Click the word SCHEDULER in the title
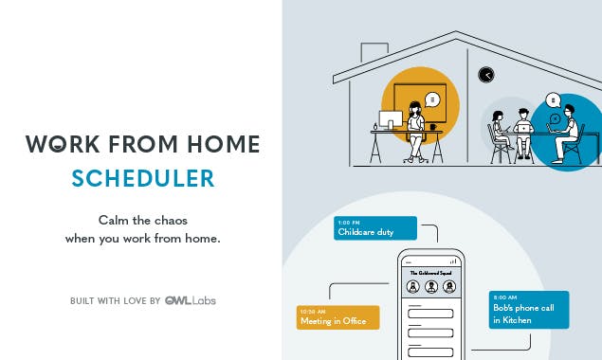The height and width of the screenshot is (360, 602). (x=143, y=178)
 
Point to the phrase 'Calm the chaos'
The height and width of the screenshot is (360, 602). (x=142, y=219)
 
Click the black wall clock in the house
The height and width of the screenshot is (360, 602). (x=486, y=75)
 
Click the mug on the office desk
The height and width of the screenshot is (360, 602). (x=433, y=126)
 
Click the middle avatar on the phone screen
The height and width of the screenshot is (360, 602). (x=431, y=287)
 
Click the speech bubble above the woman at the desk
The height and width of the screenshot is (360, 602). (x=433, y=99)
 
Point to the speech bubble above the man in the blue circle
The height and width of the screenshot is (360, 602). (x=553, y=99)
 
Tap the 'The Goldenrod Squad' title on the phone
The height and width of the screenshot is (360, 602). (x=431, y=271)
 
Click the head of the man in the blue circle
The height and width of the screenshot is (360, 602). (x=567, y=112)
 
